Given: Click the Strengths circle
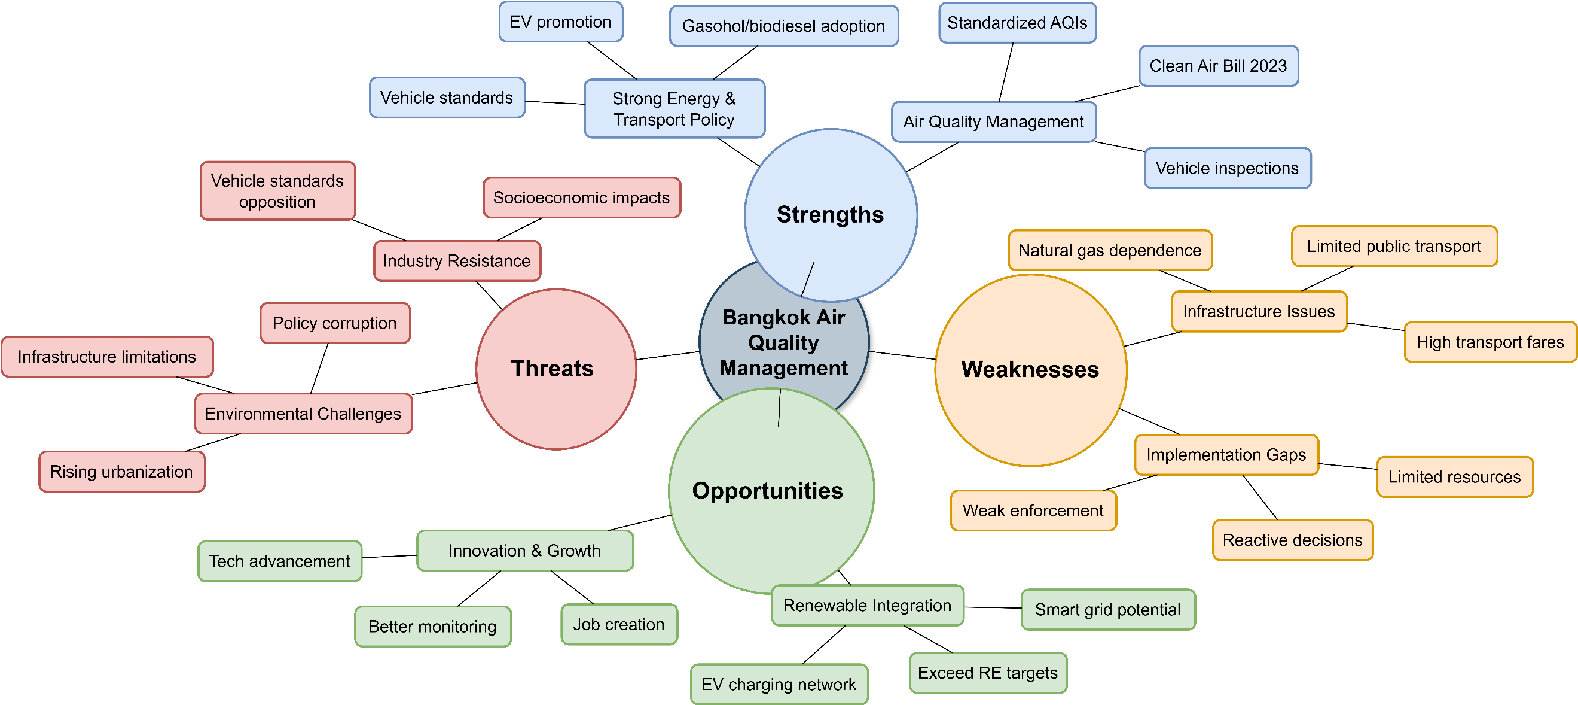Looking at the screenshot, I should click(x=830, y=215).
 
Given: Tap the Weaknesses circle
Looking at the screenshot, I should click(x=1030, y=370).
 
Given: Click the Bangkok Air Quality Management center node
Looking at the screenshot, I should click(x=783, y=344).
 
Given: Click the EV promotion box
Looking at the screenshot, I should click(x=560, y=22).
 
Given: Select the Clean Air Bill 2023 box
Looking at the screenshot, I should click(x=1218, y=66).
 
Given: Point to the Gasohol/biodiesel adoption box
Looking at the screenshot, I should click(x=783, y=26).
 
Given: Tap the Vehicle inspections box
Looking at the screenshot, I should click(x=1227, y=168).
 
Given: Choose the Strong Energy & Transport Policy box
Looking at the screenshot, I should click(x=674, y=108).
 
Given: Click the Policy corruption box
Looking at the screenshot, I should click(x=334, y=323).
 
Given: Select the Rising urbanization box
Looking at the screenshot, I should click(x=121, y=472).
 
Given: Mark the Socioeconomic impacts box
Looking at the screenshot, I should click(x=581, y=197).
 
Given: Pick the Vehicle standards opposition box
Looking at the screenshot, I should click(x=277, y=191).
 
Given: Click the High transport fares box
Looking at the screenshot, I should click(x=1490, y=342).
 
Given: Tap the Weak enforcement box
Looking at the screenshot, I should click(x=1033, y=510).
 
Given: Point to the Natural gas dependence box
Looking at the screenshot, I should click(x=1109, y=250).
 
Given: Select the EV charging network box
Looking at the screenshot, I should click(x=779, y=684).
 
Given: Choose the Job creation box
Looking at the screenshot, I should click(x=619, y=624).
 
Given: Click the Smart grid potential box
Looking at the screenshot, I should click(x=1107, y=609).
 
